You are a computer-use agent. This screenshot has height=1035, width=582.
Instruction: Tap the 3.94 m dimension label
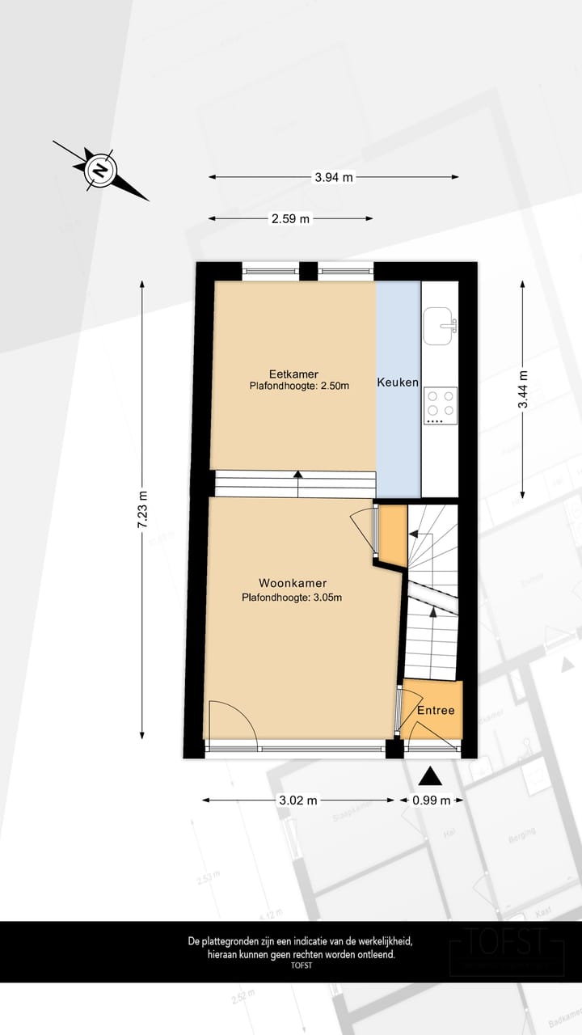334,178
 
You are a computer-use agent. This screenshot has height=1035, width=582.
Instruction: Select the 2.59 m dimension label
291,218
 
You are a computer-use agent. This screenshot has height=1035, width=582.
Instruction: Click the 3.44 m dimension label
523,391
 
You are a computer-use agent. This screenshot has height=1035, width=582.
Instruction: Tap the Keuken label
398,382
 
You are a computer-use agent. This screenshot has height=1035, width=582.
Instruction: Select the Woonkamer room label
293,583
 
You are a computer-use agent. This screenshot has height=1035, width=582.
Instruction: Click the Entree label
436,711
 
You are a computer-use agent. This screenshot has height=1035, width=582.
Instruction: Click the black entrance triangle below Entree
431,776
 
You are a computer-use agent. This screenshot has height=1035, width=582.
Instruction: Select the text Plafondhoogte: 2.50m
299,387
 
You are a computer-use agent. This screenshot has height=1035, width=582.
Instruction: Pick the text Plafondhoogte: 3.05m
292,598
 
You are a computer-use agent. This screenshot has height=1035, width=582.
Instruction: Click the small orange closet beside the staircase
393,534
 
